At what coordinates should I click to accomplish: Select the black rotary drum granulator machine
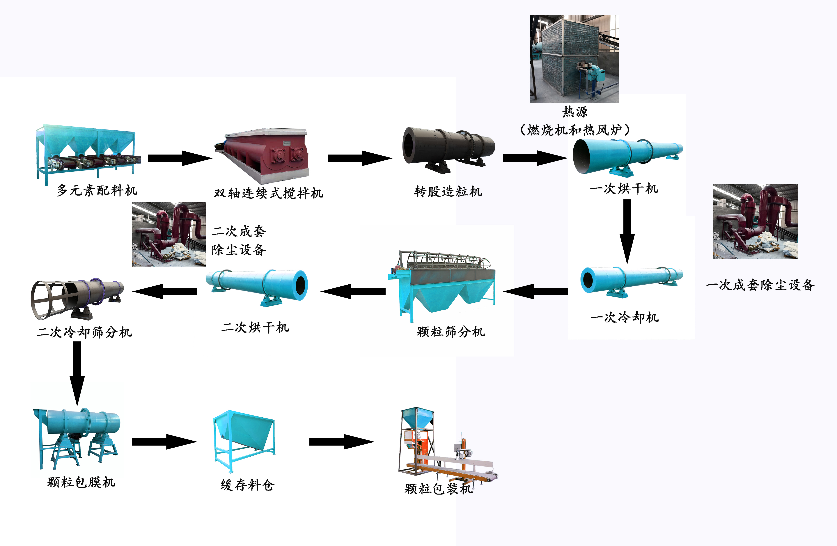point(448,150)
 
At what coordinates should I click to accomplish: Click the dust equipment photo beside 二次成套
point(169,234)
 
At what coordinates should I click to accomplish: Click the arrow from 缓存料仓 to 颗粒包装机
point(341,442)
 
